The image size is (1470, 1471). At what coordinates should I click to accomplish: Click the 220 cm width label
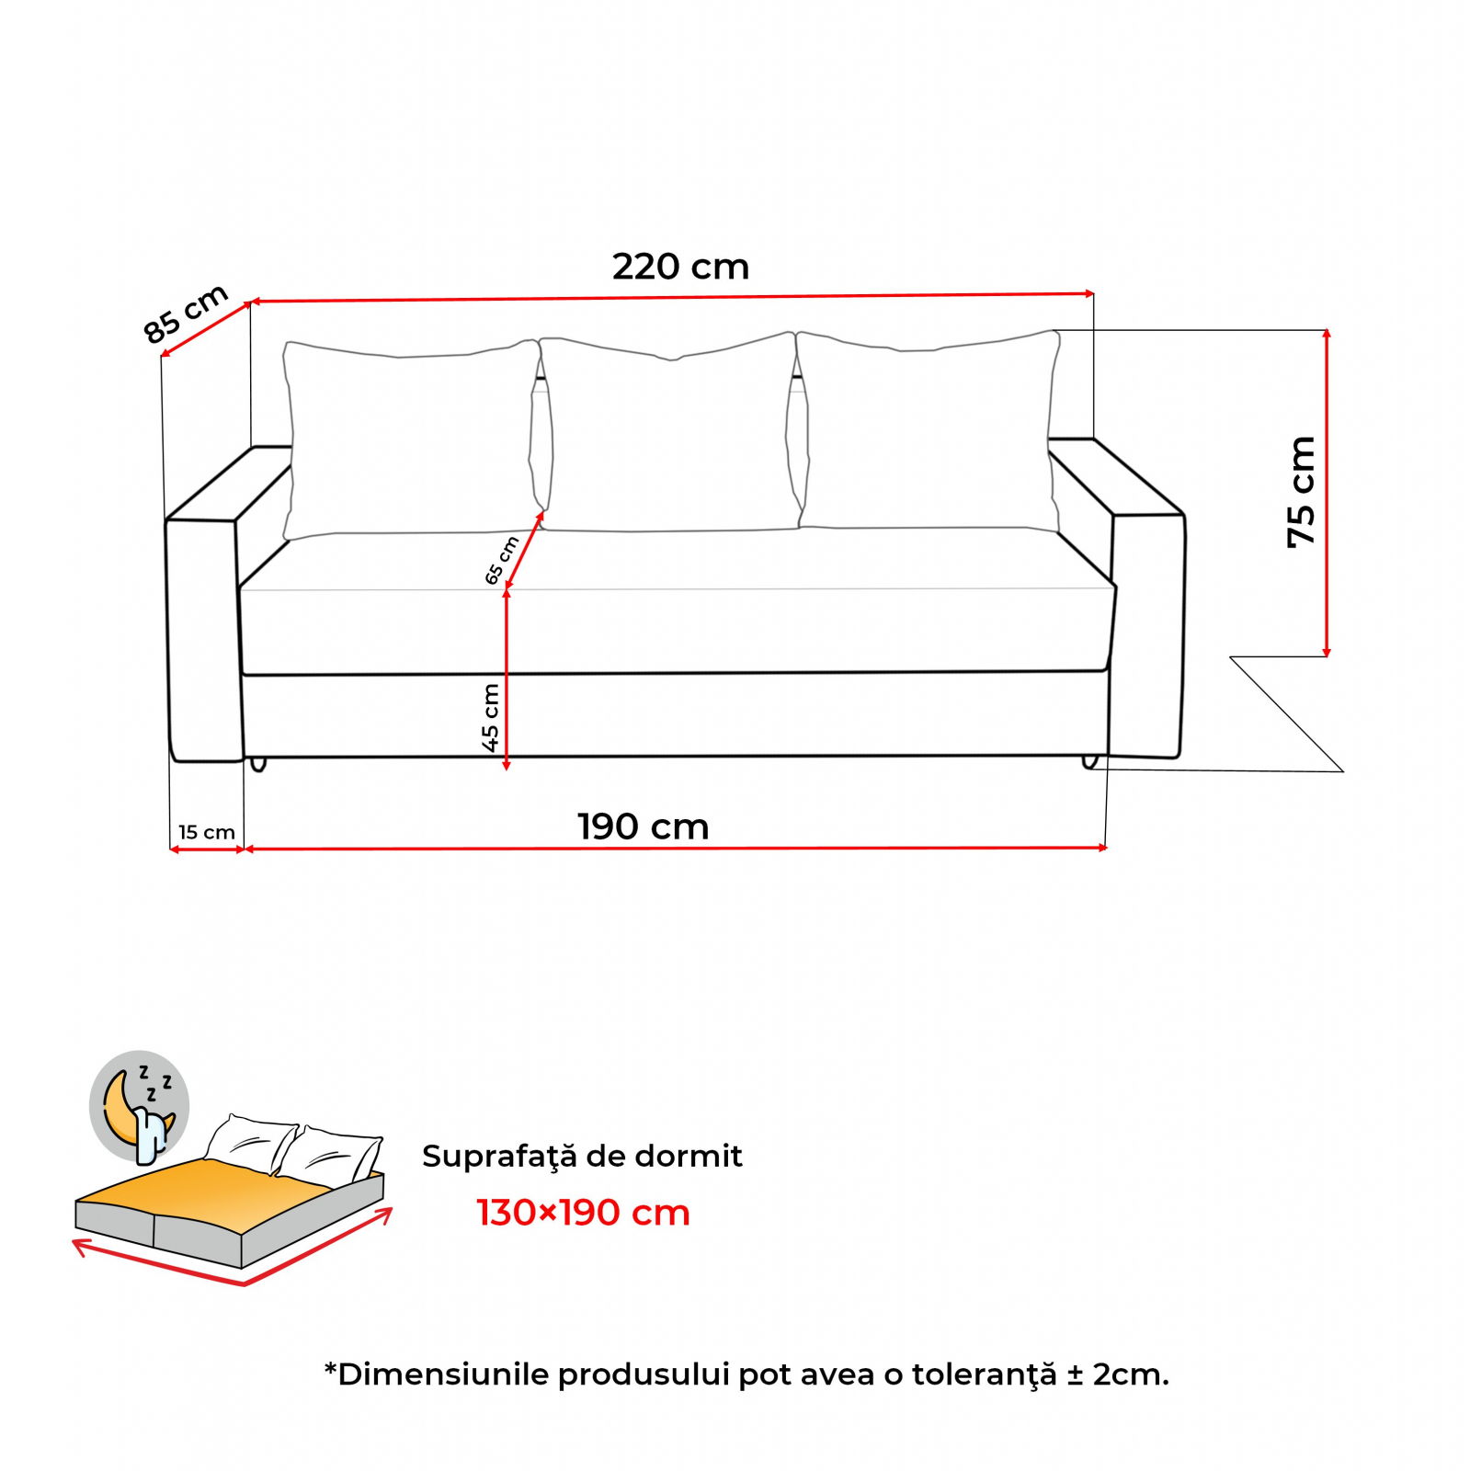click(680, 267)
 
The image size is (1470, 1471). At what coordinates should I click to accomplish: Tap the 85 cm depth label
click(186, 314)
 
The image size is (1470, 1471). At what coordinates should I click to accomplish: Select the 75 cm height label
click(1301, 493)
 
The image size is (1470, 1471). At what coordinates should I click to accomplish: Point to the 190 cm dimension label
click(643, 827)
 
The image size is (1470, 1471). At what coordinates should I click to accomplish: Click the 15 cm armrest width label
click(207, 832)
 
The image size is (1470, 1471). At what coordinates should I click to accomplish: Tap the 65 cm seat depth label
click(502, 560)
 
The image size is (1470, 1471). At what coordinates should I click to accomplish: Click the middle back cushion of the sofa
click(668, 432)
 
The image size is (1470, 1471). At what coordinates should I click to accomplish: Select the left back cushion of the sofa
click(411, 439)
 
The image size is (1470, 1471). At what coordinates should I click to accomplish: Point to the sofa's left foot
click(258, 764)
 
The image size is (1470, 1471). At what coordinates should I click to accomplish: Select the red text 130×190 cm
click(583, 1213)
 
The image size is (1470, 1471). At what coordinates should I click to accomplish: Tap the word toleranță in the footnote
click(985, 1375)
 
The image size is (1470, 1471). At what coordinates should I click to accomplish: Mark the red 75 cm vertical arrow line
click(1327, 493)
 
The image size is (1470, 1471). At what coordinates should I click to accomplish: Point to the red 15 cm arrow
click(208, 850)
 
